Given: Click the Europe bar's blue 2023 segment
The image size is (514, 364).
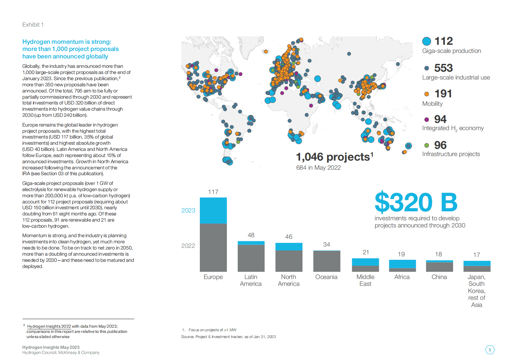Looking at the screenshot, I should (213, 211).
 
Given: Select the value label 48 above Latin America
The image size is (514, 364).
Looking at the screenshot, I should (251, 235).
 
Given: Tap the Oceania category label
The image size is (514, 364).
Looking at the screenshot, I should (326, 277).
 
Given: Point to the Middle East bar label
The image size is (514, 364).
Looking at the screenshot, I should (365, 280).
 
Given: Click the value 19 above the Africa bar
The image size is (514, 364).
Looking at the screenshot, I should (401, 254).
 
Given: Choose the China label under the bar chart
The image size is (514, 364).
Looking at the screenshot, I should (439, 277).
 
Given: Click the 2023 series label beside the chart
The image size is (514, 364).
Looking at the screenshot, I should (188, 211).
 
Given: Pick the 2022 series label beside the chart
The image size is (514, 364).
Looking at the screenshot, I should (188, 246).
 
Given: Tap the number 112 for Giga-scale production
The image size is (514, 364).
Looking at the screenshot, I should (443, 41).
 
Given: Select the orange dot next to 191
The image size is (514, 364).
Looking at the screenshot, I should (427, 94).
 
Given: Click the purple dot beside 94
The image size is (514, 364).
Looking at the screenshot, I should (427, 119).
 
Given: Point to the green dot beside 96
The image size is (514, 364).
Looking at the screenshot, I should (427, 145).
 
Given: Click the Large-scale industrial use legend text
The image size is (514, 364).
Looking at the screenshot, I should (456, 78).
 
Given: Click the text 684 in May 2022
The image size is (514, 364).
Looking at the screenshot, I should (318, 168).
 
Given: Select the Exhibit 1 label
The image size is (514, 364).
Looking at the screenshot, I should (33, 25).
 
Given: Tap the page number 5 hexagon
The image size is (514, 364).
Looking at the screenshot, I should (490, 350).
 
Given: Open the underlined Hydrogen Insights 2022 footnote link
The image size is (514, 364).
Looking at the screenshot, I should (49, 326).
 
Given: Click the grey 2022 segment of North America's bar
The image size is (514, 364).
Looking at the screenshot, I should (289, 261).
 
